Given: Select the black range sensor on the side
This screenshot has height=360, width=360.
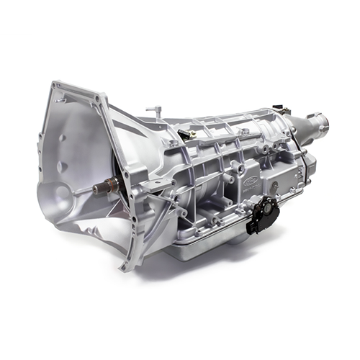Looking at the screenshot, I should pos(264,212).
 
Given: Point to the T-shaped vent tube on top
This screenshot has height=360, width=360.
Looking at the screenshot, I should pos(153,111).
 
